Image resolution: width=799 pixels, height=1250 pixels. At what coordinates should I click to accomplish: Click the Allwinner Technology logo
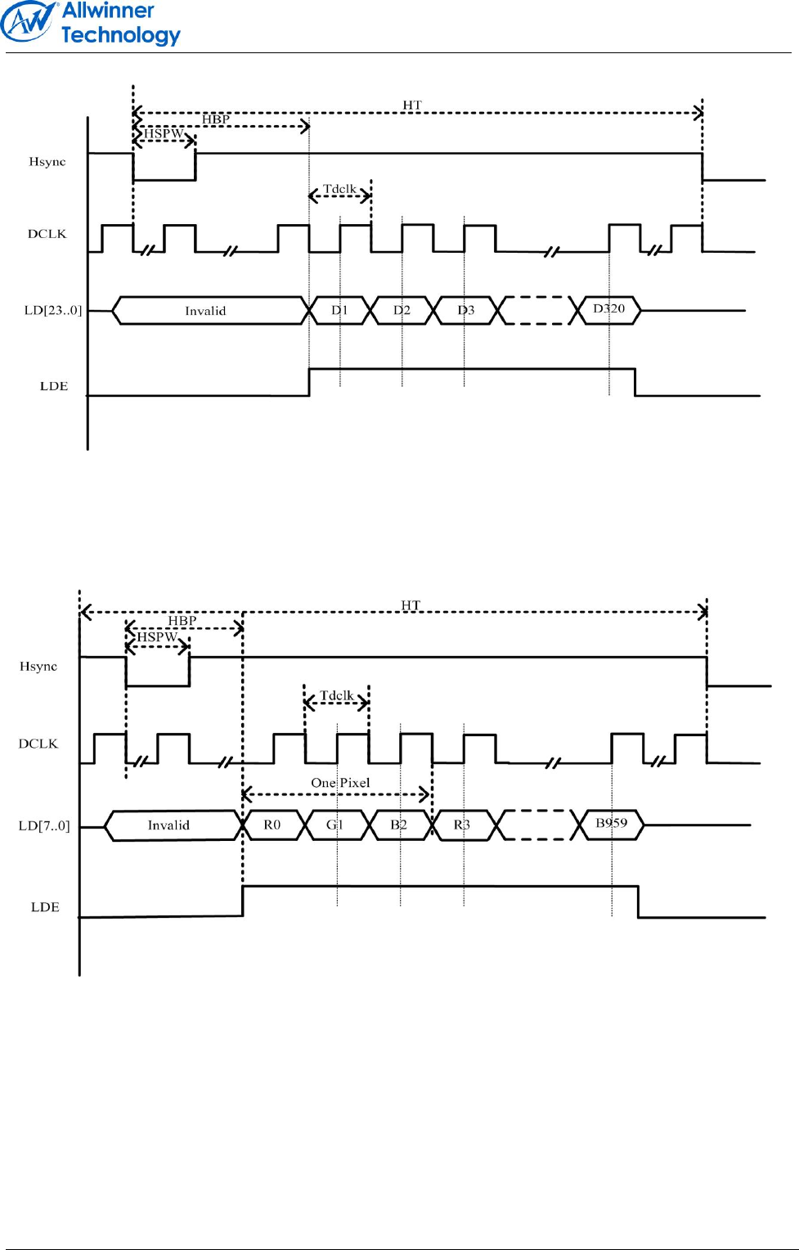point(90,23)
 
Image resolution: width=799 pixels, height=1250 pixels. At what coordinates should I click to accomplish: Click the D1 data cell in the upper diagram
point(339,311)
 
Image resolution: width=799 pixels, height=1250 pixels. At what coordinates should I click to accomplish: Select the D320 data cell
point(609,309)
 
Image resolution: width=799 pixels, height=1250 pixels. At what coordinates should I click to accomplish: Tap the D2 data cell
point(402,311)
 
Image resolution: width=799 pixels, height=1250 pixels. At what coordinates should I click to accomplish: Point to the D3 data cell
point(465,311)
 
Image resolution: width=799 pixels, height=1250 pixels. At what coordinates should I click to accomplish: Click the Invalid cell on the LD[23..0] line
point(205,311)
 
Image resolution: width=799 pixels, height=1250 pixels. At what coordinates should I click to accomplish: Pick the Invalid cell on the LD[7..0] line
point(168,825)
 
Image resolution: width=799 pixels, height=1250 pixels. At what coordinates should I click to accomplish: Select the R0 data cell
point(272,825)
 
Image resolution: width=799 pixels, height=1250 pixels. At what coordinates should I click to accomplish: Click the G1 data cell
point(335,825)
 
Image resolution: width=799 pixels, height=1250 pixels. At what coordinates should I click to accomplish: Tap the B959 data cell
point(612,824)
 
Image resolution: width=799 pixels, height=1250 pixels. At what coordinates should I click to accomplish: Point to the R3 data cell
point(462,825)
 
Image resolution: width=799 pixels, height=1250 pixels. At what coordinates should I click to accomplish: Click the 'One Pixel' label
point(340,783)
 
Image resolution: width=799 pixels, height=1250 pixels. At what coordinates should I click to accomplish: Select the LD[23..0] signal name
point(53,311)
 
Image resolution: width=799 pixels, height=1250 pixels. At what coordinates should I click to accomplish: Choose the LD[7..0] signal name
point(44,826)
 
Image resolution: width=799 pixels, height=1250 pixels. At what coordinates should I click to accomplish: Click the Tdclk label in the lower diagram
point(336,695)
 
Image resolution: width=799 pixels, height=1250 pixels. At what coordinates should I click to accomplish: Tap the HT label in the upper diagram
point(412,106)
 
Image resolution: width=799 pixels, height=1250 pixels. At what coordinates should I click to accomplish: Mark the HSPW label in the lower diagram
point(157,637)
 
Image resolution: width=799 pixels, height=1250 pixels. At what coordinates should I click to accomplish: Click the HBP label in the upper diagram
point(216,119)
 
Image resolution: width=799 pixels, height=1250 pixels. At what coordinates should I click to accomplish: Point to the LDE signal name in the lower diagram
point(45,907)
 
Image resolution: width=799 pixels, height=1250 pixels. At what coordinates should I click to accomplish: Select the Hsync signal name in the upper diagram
point(47,162)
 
